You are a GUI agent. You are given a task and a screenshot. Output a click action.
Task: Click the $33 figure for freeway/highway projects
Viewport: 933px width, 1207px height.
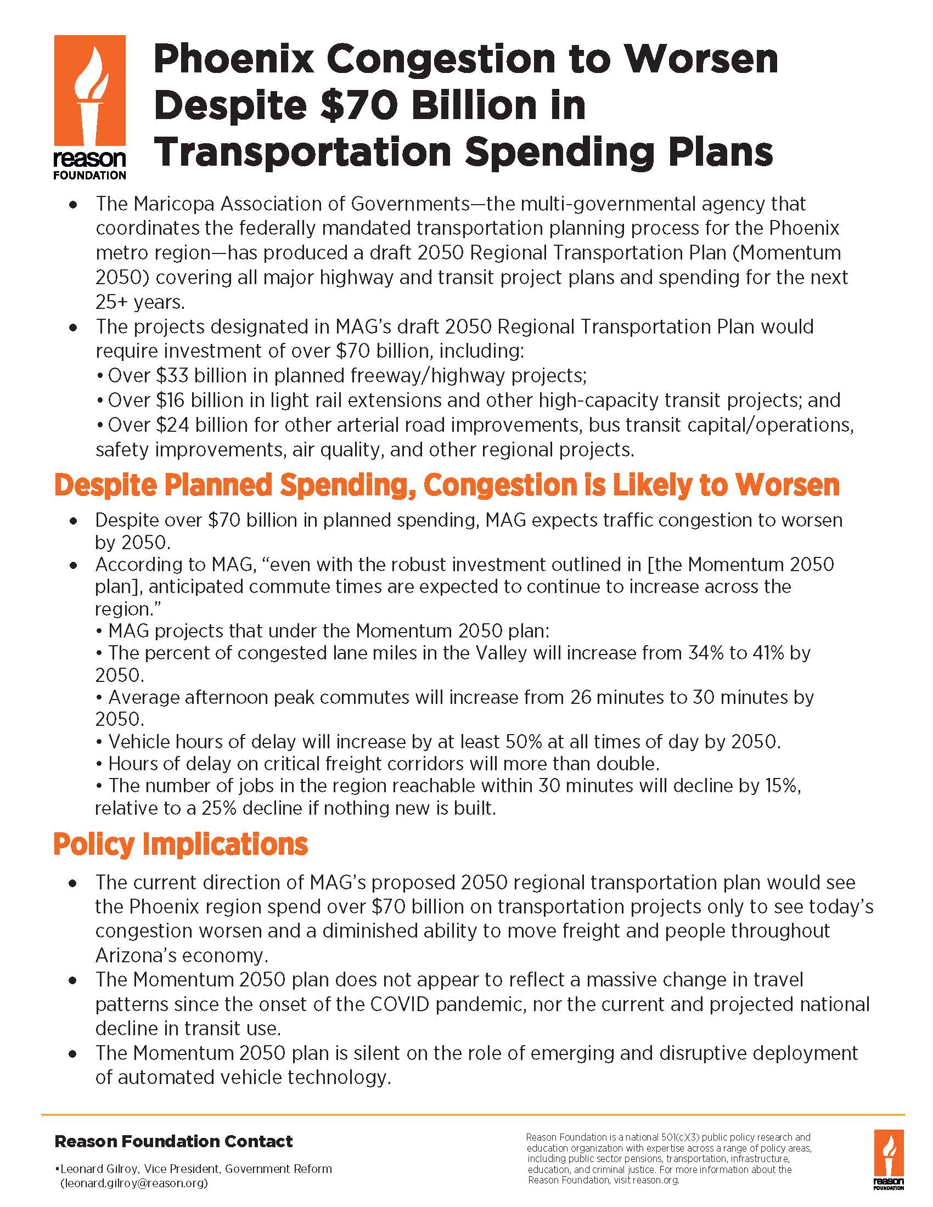click(x=171, y=376)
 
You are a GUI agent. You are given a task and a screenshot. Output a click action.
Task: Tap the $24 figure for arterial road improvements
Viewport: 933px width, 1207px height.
click(x=171, y=425)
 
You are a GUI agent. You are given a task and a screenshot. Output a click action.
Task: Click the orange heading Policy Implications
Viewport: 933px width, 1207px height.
click(x=180, y=844)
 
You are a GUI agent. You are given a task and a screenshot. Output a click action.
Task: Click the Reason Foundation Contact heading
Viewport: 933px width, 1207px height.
click(x=173, y=1141)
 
